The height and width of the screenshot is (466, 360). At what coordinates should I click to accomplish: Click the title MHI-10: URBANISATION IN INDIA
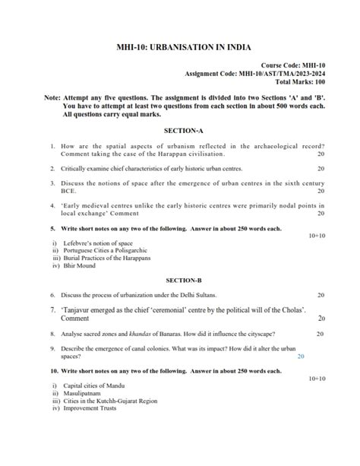[x=179, y=46]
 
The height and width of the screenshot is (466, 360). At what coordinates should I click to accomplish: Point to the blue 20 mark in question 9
[x=302, y=356]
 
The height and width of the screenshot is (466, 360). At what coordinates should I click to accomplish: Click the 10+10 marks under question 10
[x=317, y=378]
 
